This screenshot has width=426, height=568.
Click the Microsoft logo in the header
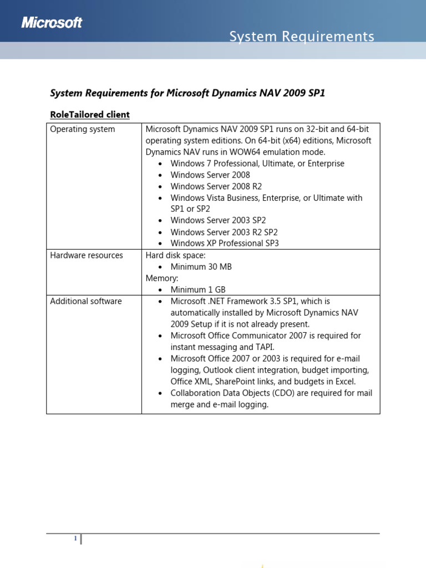tap(52, 22)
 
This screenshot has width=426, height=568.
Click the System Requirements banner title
tap(302, 37)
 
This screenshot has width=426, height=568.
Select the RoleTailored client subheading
tap(90, 114)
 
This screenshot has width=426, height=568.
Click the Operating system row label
tap(83, 129)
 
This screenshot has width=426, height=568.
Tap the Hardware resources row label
tap(87, 255)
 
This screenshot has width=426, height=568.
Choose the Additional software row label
tap(86, 301)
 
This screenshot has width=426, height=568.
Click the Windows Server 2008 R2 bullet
tap(216, 186)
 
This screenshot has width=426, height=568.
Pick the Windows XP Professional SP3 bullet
tap(225, 243)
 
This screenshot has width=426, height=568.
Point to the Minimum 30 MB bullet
tap(201, 267)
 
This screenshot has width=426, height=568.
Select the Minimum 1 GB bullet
tap(198, 290)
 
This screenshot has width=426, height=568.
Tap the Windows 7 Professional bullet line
tap(257, 164)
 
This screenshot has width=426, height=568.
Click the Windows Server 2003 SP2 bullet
tap(218, 220)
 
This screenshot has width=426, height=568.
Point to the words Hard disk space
tap(175, 255)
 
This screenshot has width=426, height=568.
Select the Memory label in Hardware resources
tap(161, 278)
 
